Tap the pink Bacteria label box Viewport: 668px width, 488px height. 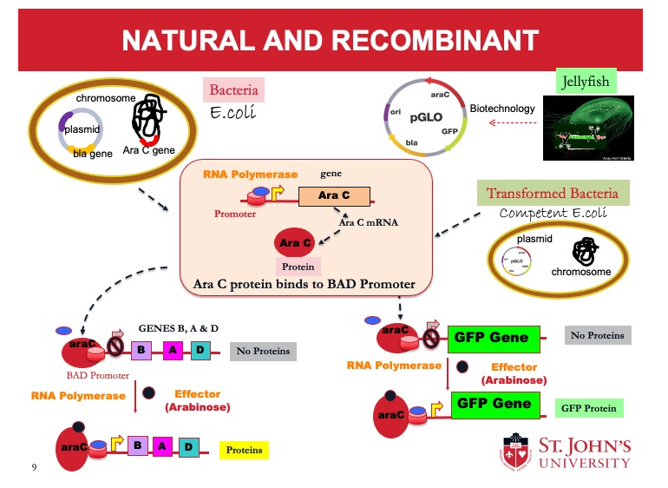point(233,90)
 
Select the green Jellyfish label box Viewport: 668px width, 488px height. point(586,82)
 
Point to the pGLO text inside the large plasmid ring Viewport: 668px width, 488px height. point(427,115)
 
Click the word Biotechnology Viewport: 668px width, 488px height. point(502,109)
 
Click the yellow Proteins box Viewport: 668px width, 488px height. point(243,450)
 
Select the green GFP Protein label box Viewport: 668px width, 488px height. point(588,407)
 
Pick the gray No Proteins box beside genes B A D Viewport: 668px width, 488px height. point(264,351)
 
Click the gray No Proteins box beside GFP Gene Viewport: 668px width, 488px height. point(597,335)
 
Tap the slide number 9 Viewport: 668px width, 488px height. point(34,468)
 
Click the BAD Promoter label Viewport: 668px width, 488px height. point(97,376)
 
